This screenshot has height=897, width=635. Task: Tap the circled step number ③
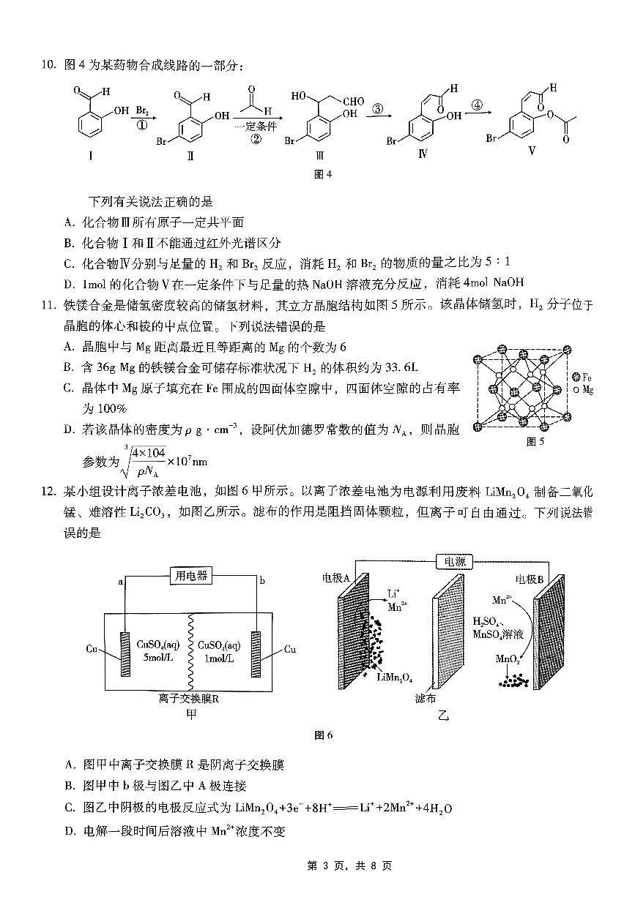[378, 109]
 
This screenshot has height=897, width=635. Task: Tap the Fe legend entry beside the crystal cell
[583, 377]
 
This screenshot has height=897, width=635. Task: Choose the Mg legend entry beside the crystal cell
[583, 390]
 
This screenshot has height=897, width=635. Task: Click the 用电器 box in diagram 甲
[190, 576]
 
